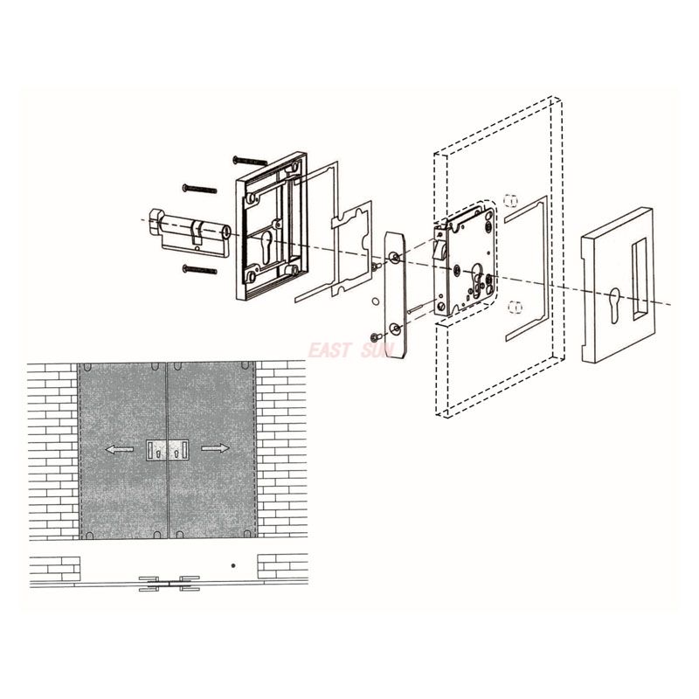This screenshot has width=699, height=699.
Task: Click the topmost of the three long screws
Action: (x=250, y=161)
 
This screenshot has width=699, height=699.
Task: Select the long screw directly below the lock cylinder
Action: (x=200, y=270)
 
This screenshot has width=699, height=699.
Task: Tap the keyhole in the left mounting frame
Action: (x=266, y=246)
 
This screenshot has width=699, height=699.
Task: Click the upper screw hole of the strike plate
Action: (x=395, y=257)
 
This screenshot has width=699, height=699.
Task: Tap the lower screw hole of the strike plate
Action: (x=395, y=329)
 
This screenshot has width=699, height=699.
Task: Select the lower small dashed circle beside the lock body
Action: (x=514, y=307)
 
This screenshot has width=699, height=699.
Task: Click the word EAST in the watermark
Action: (x=329, y=350)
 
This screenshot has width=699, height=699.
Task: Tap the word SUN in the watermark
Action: (x=378, y=350)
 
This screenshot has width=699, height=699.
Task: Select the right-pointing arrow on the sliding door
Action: (x=215, y=448)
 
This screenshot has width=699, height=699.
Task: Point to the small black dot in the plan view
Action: (x=233, y=566)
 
